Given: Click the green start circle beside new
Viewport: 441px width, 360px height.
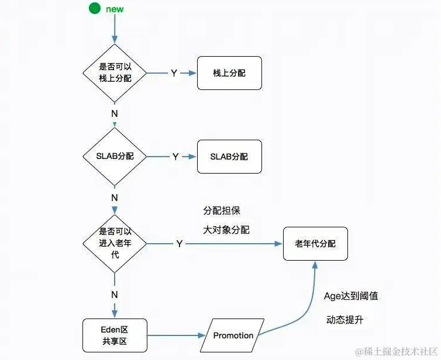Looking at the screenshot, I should click(94, 9).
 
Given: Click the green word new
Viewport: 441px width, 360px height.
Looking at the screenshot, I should click(115, 9).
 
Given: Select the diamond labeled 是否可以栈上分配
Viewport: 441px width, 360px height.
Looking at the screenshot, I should click(115, 73).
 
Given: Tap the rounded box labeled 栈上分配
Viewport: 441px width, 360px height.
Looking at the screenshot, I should click(229, 73).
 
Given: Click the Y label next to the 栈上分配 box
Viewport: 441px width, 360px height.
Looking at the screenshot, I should click(174, 73).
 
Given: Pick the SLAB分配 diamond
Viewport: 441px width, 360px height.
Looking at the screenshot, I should click(115, 156).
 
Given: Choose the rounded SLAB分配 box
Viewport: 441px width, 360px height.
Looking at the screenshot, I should click(229, 157).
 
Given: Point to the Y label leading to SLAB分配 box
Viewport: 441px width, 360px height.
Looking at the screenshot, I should click(175, 157).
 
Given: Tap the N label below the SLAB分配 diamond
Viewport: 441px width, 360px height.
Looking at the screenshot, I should click(115, 198).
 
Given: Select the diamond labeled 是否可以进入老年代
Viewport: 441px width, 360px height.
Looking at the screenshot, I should click(115, 243).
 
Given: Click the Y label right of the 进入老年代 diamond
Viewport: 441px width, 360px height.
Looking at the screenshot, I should click(179, 244).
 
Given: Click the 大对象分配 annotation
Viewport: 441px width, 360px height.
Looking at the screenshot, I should click(226, 230).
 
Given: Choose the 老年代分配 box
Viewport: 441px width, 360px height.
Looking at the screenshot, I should click(316, 244).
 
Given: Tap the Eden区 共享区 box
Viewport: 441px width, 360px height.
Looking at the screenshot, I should click(115, 335).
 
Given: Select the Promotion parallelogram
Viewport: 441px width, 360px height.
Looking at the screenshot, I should click(233, 335).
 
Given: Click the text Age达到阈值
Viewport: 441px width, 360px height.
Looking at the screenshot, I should click(351, 296).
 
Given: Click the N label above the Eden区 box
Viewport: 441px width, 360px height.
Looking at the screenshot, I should click(115, 295).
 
